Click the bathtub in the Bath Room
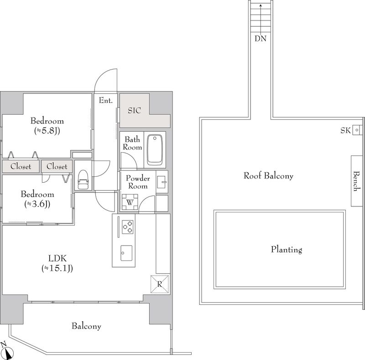[156, 149]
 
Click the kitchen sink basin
[126, 251]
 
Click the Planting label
[286, 249]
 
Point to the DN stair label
[261, 38]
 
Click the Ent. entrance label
[105, 101]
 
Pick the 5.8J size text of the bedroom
[47, 131]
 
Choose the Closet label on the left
[21, 166]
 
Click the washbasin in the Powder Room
[162, 182]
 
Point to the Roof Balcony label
[268, 175]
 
